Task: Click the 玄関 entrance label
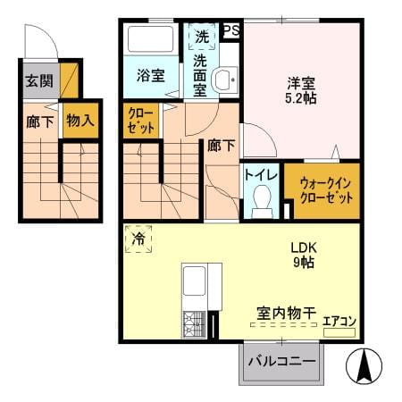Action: pos(39,80)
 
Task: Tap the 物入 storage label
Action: pos(80,121)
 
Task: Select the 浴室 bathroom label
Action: pos(151,75)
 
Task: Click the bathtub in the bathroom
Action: pos(151,39)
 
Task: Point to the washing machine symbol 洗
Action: pos(202,37)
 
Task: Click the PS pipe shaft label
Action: pos(231,30)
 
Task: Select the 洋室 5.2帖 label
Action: pos(301,90)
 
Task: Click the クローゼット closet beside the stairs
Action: pos(141,121)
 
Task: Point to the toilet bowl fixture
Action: pos(262,201)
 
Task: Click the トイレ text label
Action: pos(261,175)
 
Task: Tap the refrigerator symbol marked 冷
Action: pos(138,239)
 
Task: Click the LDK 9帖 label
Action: pos(304,255)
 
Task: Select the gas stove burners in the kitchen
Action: pos(195,324)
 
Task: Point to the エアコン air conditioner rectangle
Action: pos(339,332)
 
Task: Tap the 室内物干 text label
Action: pos(286,313)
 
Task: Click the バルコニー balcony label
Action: pos(281,362)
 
